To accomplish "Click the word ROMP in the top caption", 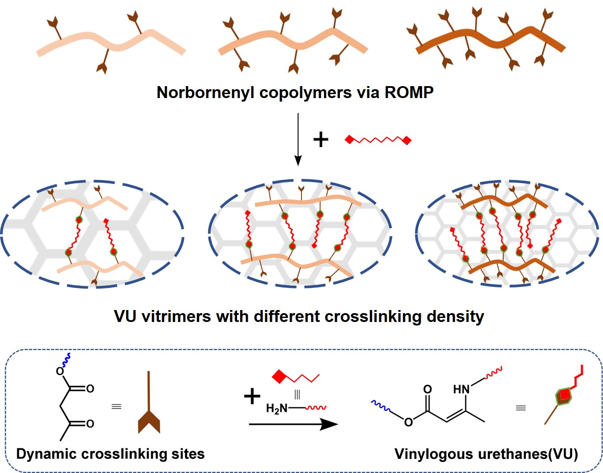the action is (x=409, y=92).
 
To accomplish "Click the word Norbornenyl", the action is (x=205, y=92).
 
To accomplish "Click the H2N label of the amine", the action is (x=276, y=409).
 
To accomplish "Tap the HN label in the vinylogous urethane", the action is (x=461, y=389).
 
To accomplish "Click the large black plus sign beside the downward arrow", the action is (x=321, y=140).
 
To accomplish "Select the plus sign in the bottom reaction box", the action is (x=252, y=396).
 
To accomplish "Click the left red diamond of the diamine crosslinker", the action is (x=349, y=140).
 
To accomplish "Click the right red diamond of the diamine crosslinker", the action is (x=407, y=140).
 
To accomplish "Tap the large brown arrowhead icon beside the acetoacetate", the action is (x=149, y=421).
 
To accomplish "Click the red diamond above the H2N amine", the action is (x=279, y=377).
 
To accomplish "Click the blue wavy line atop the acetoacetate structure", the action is (x=67, y=360).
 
